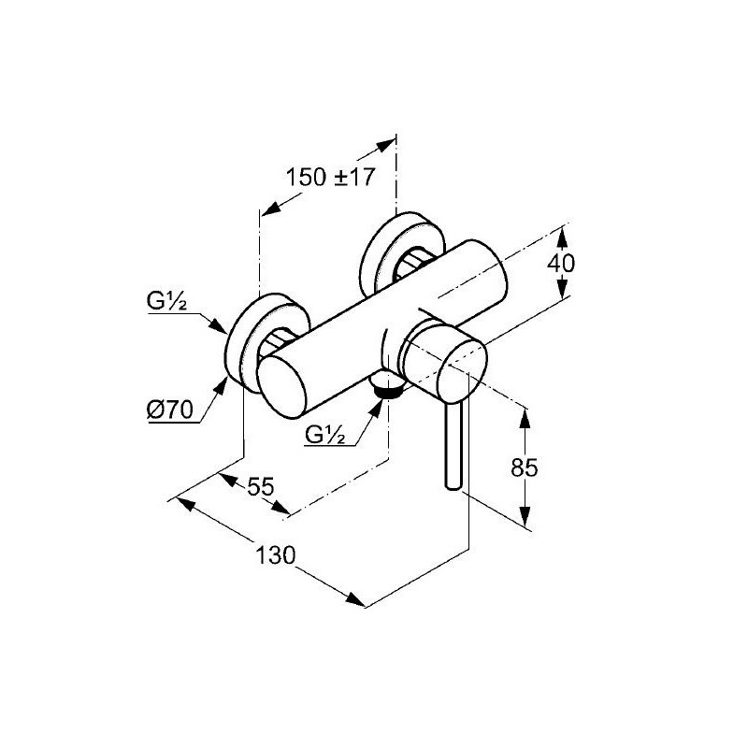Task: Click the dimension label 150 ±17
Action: (x=330, y=177)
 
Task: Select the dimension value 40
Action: (x=561, y=263)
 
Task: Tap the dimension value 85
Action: (x=525, y=467)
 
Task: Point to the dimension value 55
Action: (x=261, y=486)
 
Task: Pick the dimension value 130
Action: (x=276, y=555)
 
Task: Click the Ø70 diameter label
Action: (x=170, y=410)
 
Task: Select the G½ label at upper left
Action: (x=166, y=301)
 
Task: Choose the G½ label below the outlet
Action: (x=324, y=434)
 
